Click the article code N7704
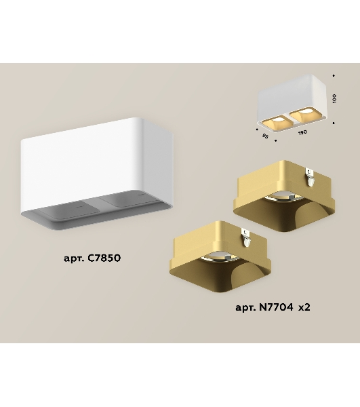pyautogui.click(x=276, y=307)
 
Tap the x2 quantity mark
pyautogui.click(x=304, y=307)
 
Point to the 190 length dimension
pyautogui.click(x=302, y=132)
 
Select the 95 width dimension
pyautogui.click(x=265, y=136)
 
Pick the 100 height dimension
pyautogui.click(x=334, y=98)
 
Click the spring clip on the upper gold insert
pyautogui.click(x=310, y=177)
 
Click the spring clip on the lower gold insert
pyautogui.click(x=245, y=237)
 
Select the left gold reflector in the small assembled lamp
pyautogui.click(x=275, y=123)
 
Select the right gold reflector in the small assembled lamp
pyautogui.click(x=302, y=115)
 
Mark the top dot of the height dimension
pyautogui.click(x=334, y=75)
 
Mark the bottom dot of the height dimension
pyautogui.click(x=334, y=123)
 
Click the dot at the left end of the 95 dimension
pyautogui.click(x=257, y=129)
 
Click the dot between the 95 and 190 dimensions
pyautogui.click(x=275, y=140)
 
